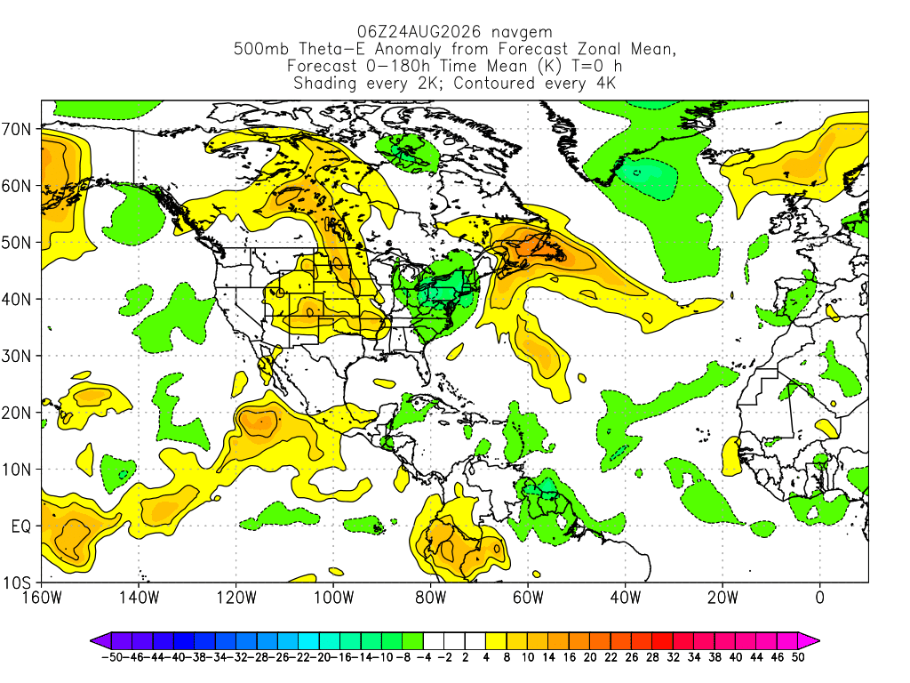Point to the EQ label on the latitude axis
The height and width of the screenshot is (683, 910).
click(x=21, y=526)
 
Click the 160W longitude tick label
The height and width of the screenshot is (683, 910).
click(x=42, y=598)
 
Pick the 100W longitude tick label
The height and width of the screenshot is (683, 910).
click(x=334, y=598)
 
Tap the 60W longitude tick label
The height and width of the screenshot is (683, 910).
click(x=528, y=598)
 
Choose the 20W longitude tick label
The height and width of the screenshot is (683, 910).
click(x=722, y=598)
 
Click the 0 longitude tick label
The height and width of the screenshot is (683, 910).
click(x=820, y=598)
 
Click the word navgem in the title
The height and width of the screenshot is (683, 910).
click(x=522, y=31)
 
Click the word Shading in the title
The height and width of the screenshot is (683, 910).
click(x=325, y=83)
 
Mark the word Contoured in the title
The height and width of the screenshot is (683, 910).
click(x=494, y=83)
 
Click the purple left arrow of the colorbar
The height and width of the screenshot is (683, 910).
click(x=100, y=641)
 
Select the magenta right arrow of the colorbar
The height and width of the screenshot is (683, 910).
click(x=809, y=641)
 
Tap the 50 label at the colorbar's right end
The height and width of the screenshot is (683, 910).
click(x=798, y=657)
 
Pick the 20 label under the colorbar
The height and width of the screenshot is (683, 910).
click(x=590, y=657)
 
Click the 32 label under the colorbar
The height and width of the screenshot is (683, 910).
click(x=674, y=657)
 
